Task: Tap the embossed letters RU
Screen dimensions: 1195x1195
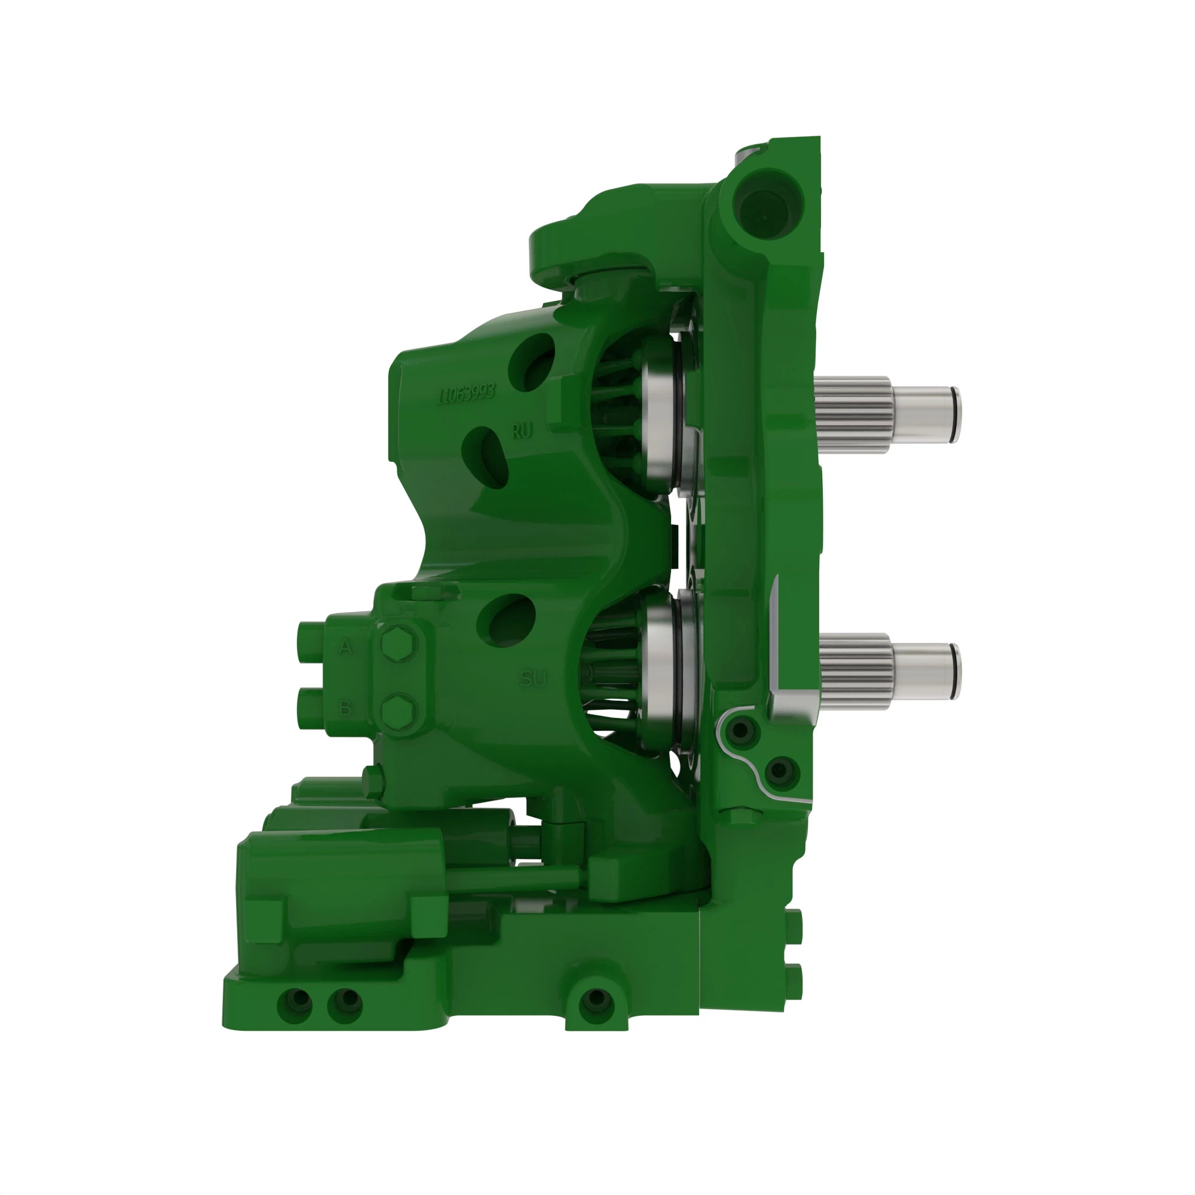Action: (x=522, y=431)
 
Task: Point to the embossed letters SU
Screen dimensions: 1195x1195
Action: (x=532, y=679)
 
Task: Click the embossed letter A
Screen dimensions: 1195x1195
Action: (x=346, y=647)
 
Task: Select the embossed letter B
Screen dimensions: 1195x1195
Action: (x=346, y=707)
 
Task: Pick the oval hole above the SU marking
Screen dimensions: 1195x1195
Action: (x=511, y=620)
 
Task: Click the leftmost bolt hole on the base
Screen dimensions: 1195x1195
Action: (x=296, y=998)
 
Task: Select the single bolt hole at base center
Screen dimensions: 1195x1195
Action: (x=596, y=998)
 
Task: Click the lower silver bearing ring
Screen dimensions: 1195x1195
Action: (x=661, y=671)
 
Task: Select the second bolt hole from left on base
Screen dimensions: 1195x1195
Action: (x=346, y=998)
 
